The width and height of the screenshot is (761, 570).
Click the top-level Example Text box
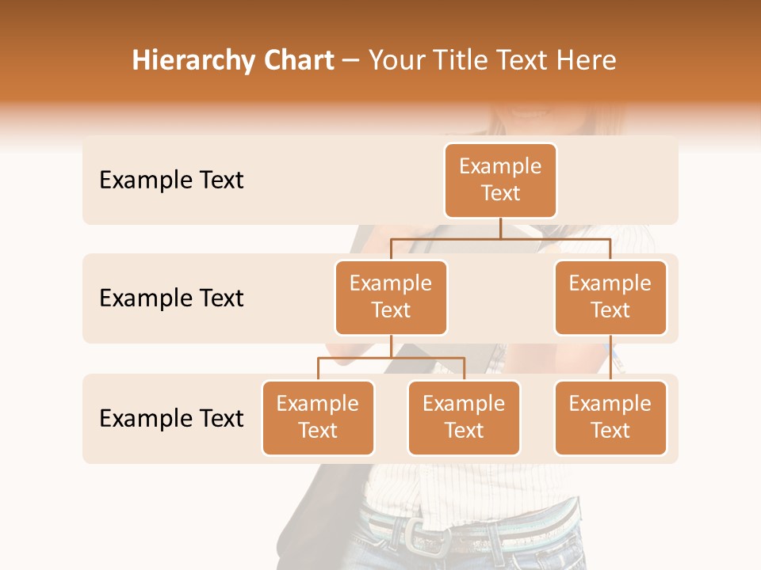coord(500,180)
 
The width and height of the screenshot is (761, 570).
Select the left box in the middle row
coord(391,297)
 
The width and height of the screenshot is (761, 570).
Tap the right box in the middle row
coord(610,297)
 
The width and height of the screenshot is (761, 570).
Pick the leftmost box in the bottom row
coord(318,417)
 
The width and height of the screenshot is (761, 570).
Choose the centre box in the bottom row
coord(464,417)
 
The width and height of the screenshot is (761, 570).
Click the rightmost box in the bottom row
coord(610,417)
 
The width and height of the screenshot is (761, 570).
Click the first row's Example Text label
coord(171,180)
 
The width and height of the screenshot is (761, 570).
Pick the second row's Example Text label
coord(171,298)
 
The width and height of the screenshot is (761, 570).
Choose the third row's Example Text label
coord(171,418)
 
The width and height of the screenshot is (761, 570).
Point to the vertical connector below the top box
coord(500,228)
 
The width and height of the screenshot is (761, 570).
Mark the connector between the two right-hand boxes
coord(610,358)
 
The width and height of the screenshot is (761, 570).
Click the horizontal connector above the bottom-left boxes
coord(391,358)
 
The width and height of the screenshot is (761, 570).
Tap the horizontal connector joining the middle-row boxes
coord(500,238)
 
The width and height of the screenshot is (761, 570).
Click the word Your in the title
coord(393,61)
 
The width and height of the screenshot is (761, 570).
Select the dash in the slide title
coord(351,61)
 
